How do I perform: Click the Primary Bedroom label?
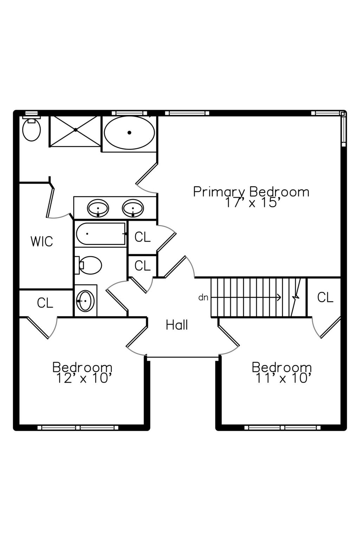pos(251,192)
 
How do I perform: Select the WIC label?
pos(42,241)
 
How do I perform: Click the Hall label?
pos(177,325)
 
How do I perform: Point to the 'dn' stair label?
pos(203,298)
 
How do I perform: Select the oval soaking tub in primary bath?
pos(129,133)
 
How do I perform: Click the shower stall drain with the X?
pos(76,130)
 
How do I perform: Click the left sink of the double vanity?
pos(98,208)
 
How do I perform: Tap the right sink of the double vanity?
pos(133,208)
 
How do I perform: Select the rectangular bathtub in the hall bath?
pos(101,234)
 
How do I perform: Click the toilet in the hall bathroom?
pos(88,265)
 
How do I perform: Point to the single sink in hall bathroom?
pos(85,301)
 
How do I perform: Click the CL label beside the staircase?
pos(325,297)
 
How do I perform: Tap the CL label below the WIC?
pos(45,303)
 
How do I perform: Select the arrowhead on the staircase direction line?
pos(279,297)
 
